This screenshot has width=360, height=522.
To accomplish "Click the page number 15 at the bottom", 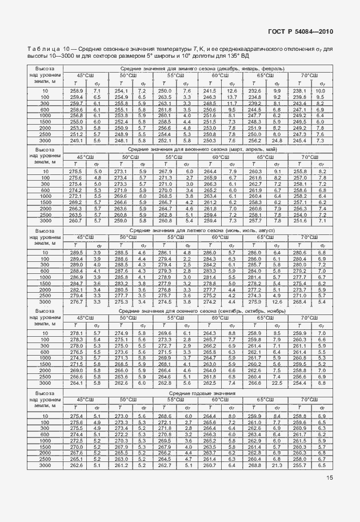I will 330,494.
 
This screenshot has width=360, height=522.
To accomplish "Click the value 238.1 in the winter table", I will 301,91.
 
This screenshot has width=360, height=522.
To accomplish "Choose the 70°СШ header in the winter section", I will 309,75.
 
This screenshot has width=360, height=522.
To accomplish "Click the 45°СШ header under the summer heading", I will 85,237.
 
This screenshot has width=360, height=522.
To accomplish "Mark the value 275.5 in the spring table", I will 76,172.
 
